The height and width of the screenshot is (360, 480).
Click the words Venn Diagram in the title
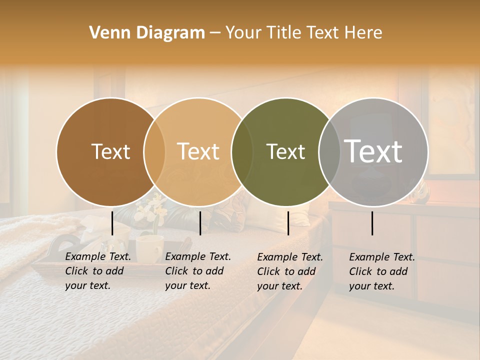[147, 33]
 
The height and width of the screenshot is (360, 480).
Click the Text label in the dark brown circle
[110, 151]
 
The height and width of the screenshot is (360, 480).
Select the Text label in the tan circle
[198, 151]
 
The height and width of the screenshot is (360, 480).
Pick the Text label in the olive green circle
[285, 151]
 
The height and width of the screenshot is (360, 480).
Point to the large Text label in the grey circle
[373, 151]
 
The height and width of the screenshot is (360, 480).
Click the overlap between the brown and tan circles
[154, 152]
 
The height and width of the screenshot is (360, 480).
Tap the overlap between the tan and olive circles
[242, 152]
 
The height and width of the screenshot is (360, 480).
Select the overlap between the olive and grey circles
[329, 152]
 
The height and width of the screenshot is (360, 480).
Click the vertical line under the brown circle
[112, 223]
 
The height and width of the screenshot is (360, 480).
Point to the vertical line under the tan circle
[200, 223]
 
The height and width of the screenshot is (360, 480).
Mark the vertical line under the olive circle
[288, 223]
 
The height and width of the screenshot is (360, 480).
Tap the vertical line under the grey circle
[372, 223]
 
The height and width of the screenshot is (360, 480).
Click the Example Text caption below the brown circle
[98, 271]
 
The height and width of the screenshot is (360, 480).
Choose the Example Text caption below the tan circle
[198, 271]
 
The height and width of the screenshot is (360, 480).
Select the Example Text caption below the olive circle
[290, 271]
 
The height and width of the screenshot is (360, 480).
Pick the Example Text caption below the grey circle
[382, 271]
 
